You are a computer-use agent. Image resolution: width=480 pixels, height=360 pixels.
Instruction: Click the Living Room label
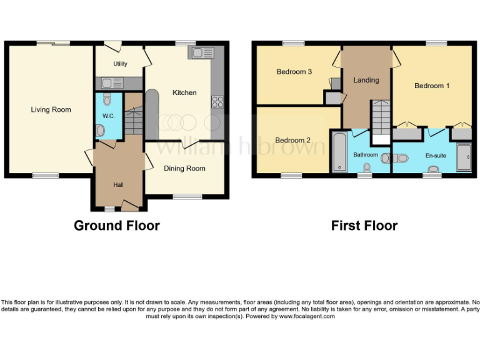pos(51,110)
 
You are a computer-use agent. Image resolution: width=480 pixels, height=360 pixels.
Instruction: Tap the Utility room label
pos(120,64)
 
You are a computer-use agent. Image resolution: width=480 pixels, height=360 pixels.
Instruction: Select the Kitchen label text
pos(184,92)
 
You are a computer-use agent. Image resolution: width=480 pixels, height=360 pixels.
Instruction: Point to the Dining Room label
pos(184,168)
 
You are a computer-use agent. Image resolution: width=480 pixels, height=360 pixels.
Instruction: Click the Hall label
pos(118,185)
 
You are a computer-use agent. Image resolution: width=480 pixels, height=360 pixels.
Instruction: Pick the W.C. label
pos(108,116)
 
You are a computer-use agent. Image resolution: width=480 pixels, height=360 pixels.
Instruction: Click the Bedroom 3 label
pos(294,72)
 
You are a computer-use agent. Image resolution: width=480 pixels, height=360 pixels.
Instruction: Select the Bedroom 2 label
pos(292,140)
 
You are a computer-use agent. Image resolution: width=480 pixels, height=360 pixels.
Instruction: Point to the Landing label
pos(366,80)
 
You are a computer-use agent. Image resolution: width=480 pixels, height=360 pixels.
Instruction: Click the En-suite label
pos(436,155)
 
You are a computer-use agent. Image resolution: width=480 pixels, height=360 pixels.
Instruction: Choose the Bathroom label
pos(366,154)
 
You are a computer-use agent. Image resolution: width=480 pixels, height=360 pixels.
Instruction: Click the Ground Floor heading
pos(117,226)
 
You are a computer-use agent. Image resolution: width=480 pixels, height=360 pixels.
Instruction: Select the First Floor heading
pos(364,226)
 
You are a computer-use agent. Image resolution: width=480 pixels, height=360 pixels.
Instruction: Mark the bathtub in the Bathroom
pos(339,152)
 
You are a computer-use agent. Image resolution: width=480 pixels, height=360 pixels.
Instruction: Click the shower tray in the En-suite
pos(464,157)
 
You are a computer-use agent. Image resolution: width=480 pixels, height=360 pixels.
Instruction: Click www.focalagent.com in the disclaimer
pos(307,316)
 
